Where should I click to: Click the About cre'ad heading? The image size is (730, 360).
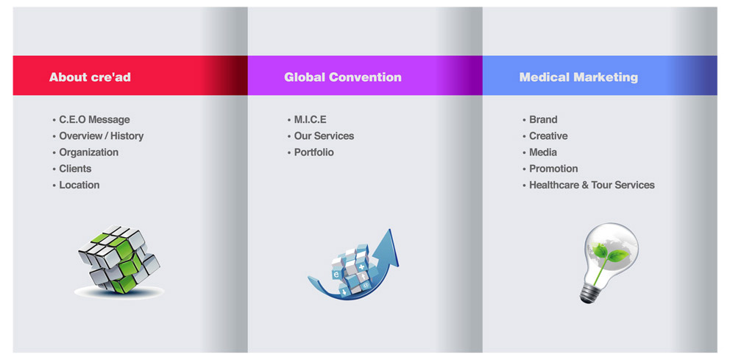click(90, 77)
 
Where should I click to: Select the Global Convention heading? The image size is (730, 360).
click(343, 77)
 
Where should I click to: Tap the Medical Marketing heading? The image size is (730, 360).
click(578, 77)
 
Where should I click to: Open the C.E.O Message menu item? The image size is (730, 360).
click(94, 120)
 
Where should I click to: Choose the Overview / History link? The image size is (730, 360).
click(101, 136)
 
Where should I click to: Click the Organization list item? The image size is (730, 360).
click(88, 152)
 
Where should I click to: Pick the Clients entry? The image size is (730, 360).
click(75, 169)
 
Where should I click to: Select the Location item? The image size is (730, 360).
click(79, 185)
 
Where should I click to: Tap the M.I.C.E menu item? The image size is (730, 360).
click(310, 120)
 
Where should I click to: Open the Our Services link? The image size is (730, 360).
click(324, 136)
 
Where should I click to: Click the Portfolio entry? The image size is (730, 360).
click(313, 152)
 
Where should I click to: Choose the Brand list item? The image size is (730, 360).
click(543, 120)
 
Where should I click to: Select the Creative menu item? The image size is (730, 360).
click(548, 136)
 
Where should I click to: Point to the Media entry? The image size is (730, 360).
click(543, 152)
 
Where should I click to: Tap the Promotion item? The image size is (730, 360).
click(553, 169)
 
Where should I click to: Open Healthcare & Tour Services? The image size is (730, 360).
click(592, 185)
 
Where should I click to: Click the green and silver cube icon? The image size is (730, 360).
click(118, 259)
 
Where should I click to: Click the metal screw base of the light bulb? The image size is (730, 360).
click(589, 293)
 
